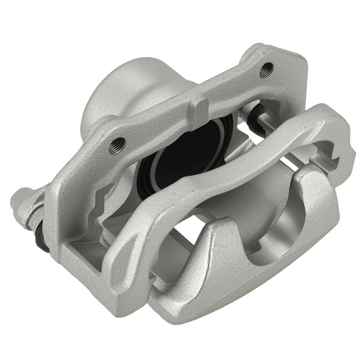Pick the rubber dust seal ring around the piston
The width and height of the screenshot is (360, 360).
tap(147, 174)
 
